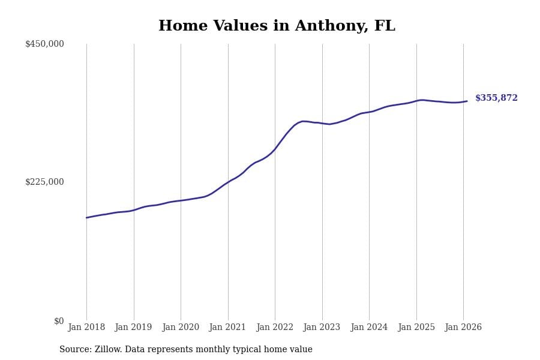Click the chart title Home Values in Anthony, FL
(277, 26)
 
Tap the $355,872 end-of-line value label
(496, 98)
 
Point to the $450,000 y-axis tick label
(44, 44)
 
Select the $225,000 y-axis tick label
(44, 182)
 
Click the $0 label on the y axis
(59, 321)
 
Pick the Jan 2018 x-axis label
(86, 328)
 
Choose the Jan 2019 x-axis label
(133, 328)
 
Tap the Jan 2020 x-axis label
(181, 328)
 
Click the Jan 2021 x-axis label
(227, 328)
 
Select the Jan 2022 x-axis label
(275, 328)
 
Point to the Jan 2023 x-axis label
(322, 328)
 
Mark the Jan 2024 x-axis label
(369, 328)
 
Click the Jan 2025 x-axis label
(416, 328)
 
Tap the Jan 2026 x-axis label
(463, 328)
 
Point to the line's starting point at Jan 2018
(86, 218)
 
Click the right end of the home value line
(467, 101)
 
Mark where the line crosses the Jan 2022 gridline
(275, 148)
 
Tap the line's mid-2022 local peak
(304, 121)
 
